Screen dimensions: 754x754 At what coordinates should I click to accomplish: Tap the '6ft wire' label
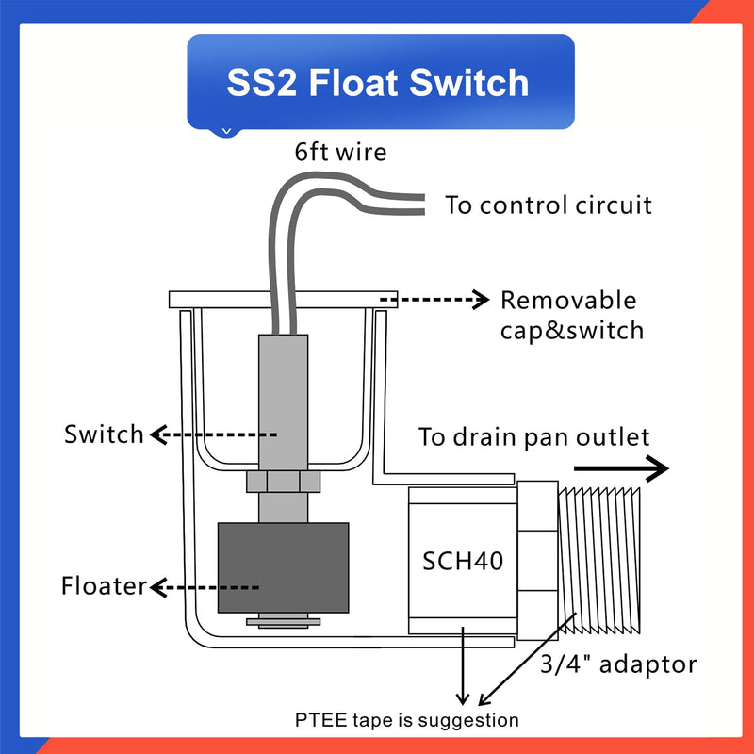(339, 152)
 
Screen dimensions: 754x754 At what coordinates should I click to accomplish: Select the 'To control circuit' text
(549, 205)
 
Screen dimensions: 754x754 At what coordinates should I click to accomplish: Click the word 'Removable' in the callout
(568, 301)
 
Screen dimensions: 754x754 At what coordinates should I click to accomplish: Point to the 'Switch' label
(104, 434)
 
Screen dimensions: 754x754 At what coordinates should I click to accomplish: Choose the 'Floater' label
(105, 586)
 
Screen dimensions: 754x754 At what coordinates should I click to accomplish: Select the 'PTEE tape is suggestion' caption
(406, 720)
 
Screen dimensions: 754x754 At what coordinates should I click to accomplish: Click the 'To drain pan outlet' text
(534, 437)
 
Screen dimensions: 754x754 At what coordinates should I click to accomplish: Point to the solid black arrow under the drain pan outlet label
(621, 468)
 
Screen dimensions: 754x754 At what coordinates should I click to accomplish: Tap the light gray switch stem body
(282, 396)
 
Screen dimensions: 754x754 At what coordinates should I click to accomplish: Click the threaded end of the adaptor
(599, 561)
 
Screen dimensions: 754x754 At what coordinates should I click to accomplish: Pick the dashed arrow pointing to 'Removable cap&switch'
(435, 301)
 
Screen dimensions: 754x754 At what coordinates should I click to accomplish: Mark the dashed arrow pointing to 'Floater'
(205, 587)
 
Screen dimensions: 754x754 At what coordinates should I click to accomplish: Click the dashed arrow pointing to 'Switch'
(214, 434)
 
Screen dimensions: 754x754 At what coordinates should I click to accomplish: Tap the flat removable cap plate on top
(283, 299)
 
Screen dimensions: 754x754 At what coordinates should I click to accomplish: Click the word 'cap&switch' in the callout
(572, 330)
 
